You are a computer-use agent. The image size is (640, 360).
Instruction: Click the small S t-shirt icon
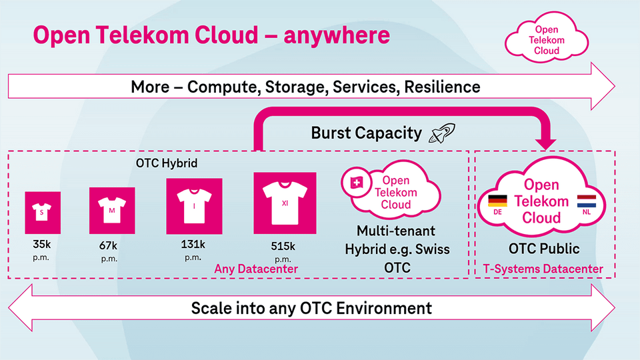(x=43, y=213)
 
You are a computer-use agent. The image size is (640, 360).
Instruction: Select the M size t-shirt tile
(x=112, y=211)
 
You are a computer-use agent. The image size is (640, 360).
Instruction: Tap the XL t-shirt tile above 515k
(x=285, y=203)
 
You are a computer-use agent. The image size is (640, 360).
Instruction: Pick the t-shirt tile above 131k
(x=194, y=206)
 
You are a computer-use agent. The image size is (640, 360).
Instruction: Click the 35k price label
(x=41, y=245)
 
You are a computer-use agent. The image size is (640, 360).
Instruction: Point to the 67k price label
(x=108, y=246)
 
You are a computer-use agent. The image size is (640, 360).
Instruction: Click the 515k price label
(x=283, y=247)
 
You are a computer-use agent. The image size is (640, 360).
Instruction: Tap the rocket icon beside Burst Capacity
(x=442, y=133)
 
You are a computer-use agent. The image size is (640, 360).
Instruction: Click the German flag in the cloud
(x=497, y=201)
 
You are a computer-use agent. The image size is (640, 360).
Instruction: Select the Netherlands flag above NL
(x=587, y=201)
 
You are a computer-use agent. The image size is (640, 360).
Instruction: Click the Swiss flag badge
(x=357, y=183)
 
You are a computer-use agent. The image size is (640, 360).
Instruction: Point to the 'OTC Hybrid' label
(x=167, y=163)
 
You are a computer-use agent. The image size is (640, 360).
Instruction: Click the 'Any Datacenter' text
(x=256, y=269)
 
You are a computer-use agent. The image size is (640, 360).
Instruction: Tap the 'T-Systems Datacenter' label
(x=543, y=269)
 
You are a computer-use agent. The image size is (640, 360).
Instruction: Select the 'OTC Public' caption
(x=544, y=249)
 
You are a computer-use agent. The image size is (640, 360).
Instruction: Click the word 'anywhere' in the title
(x=337, y=35)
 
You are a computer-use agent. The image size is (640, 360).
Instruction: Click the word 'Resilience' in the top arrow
(x=442, y=87)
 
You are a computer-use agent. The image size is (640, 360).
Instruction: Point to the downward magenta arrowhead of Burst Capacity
(x=546, y=143)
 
